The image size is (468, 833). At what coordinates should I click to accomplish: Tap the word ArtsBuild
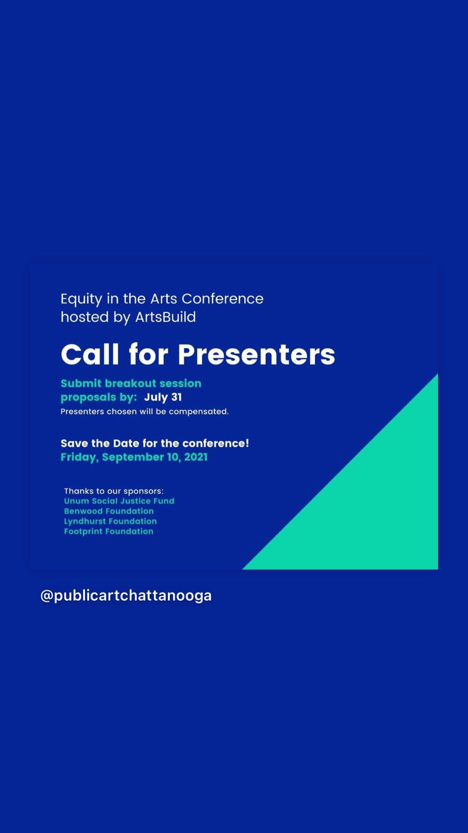pyautogui.click(x=166, y=317)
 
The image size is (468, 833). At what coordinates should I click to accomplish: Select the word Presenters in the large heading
pyautogui.click(x=256, y=355)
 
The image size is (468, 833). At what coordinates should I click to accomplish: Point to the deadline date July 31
pyautogui.click(x=163, y=397)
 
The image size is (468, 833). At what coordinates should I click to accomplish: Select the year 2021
pyautogui.click(x=196, y=457)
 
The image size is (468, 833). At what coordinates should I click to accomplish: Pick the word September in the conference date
pyautogui.click(x=133, y=458)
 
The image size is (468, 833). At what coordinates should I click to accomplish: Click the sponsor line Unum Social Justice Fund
pyautogui.click(x=119, y=501)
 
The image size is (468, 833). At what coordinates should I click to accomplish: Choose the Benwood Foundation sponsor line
pyautogui.click(x=109, y=511)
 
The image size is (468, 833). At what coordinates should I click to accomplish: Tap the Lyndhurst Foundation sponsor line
pyautogui.click(x=111, y=521)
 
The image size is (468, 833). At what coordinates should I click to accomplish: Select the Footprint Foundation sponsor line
pyautogui.click(x=109, y=531)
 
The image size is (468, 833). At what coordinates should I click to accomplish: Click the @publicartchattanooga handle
pyautogui.click(x=126, y=596)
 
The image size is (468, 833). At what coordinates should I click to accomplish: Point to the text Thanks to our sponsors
pyautogui.click(x=114, y=491)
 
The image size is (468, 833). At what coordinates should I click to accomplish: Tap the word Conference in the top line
pyautogui.click(x=223, y=299)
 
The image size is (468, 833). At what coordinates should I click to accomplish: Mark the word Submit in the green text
pyautogui.click(x=81, y=383)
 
